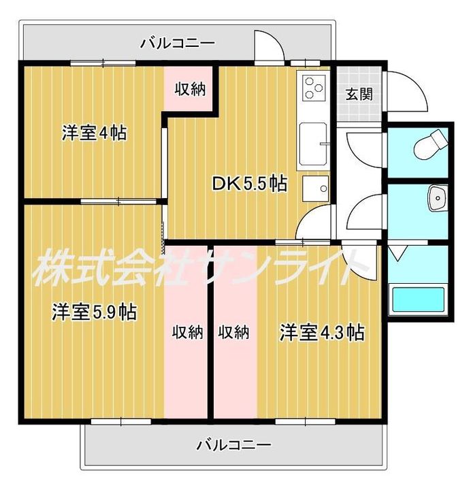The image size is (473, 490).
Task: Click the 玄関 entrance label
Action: pyautogui.click(x=359, y=94)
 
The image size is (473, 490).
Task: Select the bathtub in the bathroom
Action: pyautogui.click(x=419, y=300)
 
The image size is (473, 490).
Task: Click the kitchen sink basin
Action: pyautogui.click(x=313, y=144)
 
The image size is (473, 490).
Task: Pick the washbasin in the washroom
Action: pyautogui.click(x=438, y=198)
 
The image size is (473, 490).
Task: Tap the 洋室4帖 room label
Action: pyautogui.click(x=95, y=133)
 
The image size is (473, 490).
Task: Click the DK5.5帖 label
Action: pyautogui.click(x=249, y=184)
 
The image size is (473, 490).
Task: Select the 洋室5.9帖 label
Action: pyautogui.click(x=95, y=312)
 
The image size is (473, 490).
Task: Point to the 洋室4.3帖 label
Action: pyautogui.click(x=322, y=332)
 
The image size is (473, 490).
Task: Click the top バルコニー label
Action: pyautogui.click(x=178, y=43)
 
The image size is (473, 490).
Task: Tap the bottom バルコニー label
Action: pyautogui.click(x=233, y=444)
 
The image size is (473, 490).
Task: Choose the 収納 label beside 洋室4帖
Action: pyautogui.click(x=190, y=89)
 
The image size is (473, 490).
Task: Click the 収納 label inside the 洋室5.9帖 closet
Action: pyautogui.click(x=188, y=332)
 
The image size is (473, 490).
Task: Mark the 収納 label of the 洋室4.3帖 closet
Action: pyautogui.click(x=233, y=332)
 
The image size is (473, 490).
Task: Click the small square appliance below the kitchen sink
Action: pyautogui.click(x=315, y=189)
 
